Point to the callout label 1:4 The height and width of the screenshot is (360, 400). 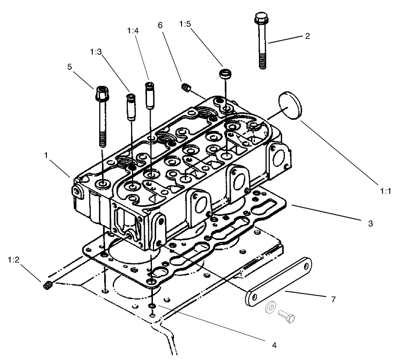[133, 30]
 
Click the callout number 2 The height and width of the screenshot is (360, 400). [307, 36]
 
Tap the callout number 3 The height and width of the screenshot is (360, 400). [370, 223]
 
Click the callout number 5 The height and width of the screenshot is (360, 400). [70, 66]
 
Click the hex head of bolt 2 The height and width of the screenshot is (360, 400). [261, 20]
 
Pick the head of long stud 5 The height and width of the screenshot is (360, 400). [101, 95]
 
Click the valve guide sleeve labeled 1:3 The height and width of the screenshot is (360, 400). [131, 107]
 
